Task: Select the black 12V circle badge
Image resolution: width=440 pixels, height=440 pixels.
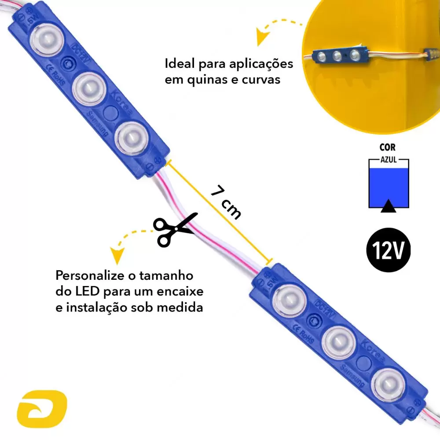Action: pyautogui.click(x=389, y=250)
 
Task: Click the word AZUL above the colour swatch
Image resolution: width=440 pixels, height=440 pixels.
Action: pyautogui.click(x=389, y=160)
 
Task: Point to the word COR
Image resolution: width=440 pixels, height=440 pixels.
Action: pyautogui.click(x=388, y=148)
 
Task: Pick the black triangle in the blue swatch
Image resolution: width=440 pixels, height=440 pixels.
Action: pyautogui.click(x=388, y=206)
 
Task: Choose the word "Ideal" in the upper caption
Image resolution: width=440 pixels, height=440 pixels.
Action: pyautogui.click(x=180, y=64)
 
